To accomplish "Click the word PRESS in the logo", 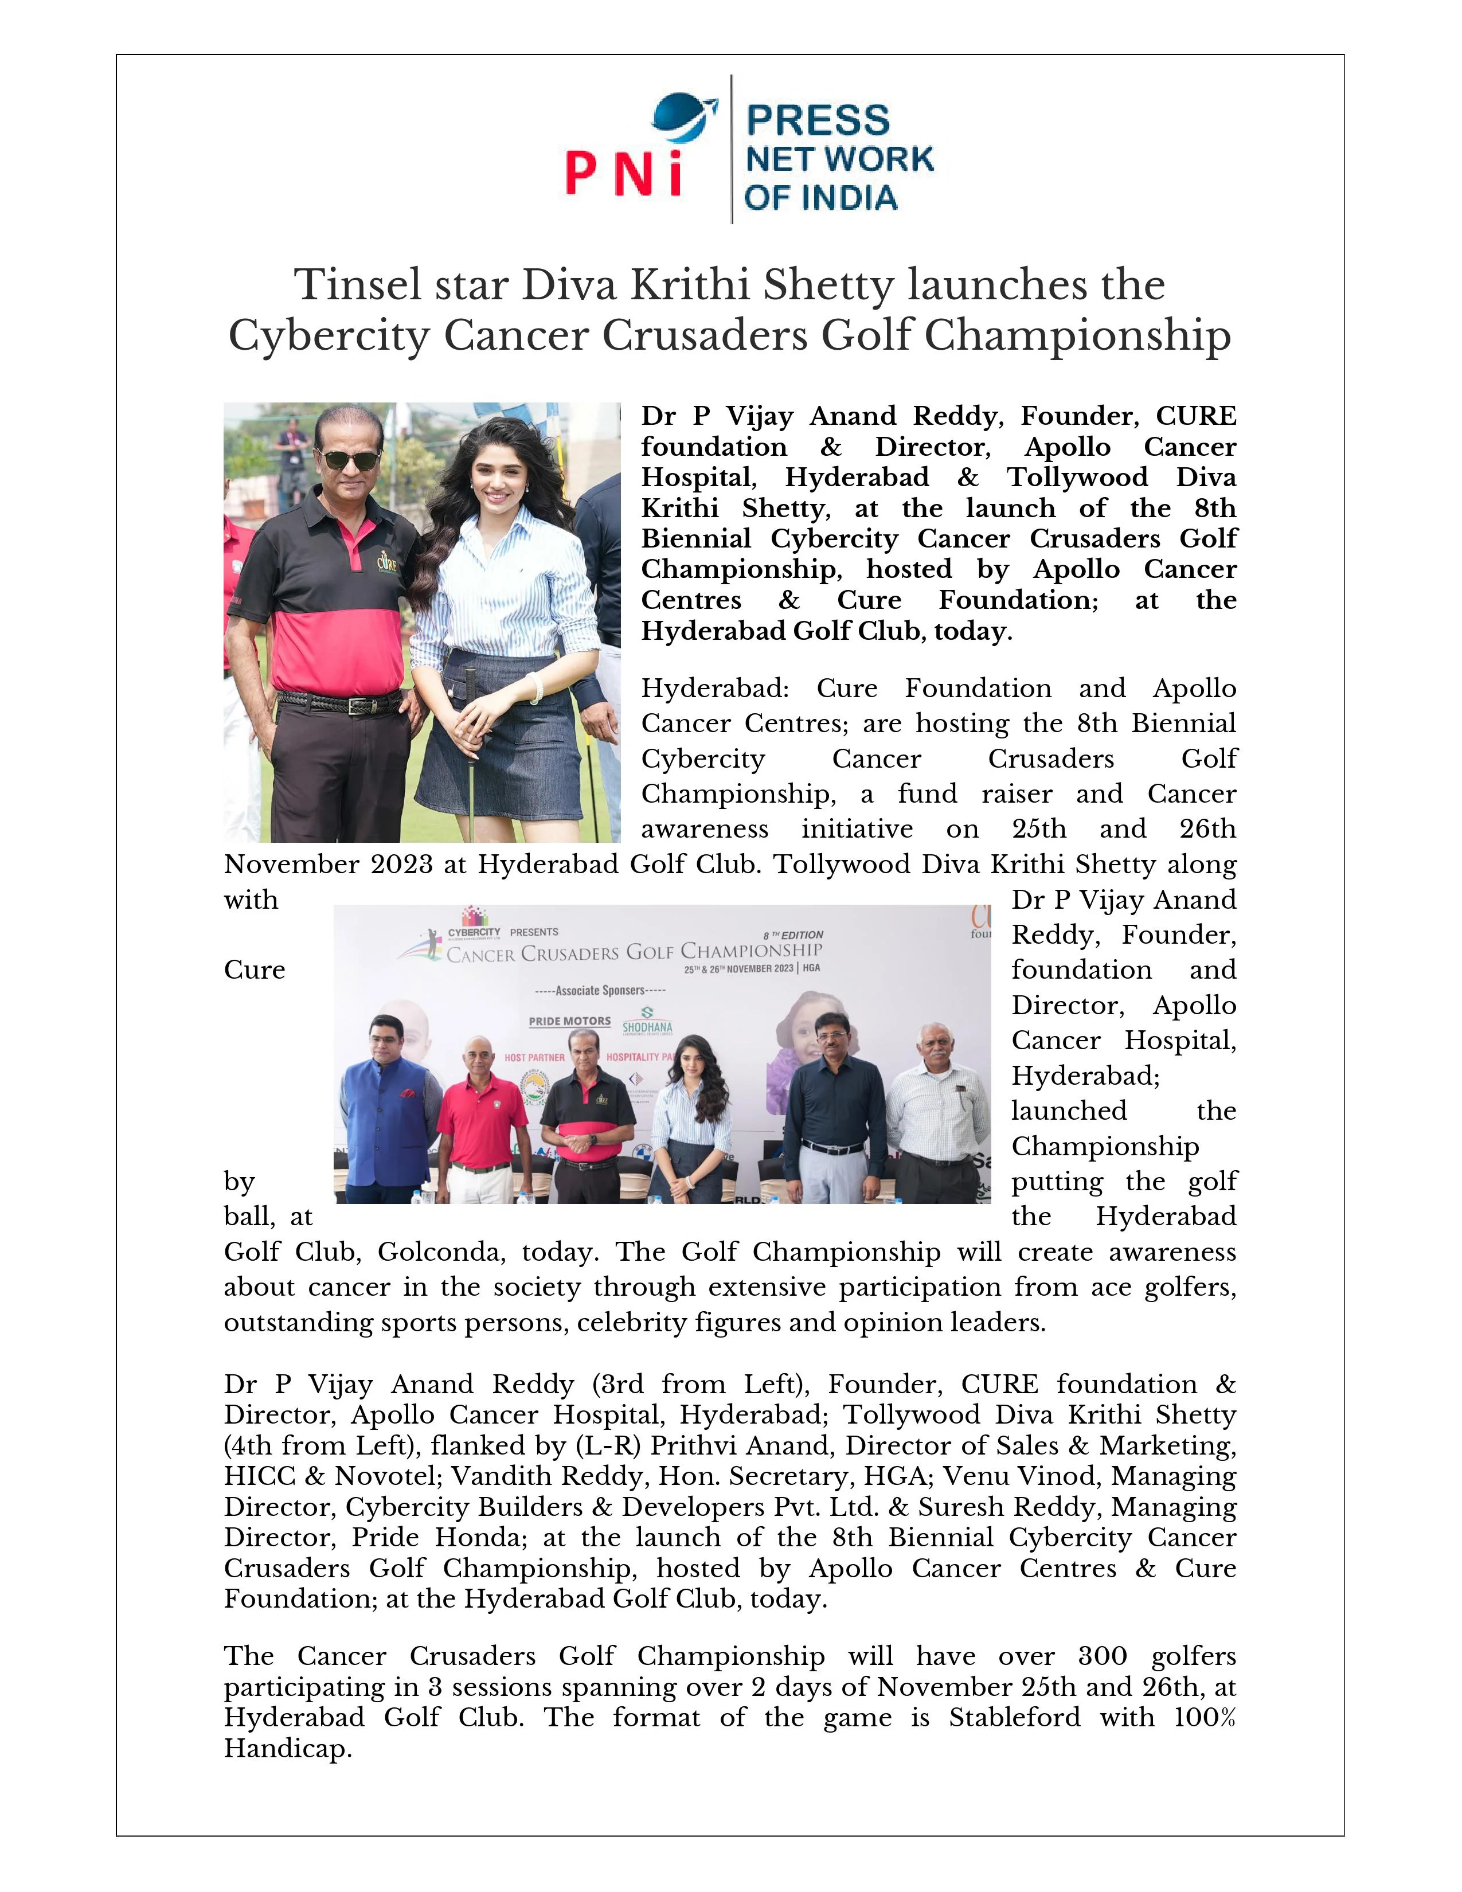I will (x=818, y=120).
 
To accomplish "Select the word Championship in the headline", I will (x=1077, y=335).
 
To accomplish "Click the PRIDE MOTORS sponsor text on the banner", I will (x=570, y=1021).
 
